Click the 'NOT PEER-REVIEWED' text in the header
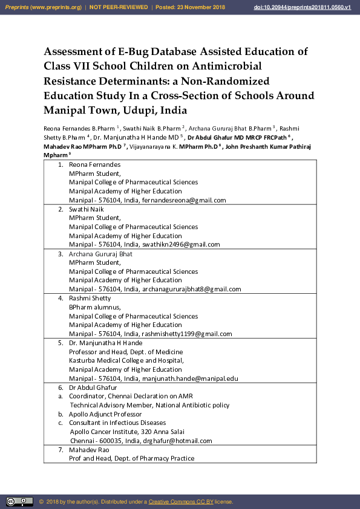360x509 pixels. click(119, 7)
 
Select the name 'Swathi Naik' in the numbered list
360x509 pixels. click(87, 209)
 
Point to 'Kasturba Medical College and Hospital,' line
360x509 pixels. click(126, 360)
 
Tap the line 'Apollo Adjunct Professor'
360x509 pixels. click(105, 414)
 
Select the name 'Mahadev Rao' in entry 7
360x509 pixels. click(89, 450)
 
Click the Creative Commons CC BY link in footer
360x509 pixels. click(181, 502)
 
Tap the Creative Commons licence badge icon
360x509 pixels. click(19, 502)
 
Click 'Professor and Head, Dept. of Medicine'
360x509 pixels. click(126, 352)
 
